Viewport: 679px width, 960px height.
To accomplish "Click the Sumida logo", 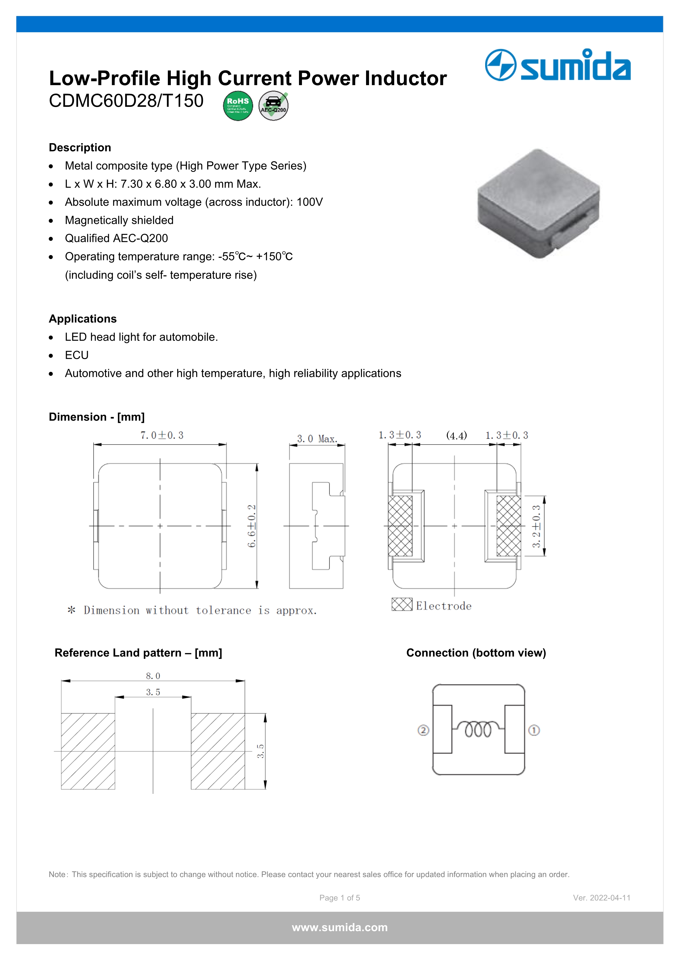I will tap(557, 65).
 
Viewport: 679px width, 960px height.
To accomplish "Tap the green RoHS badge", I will tap(238, 106).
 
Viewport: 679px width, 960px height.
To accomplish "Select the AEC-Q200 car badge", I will tap(274, 106).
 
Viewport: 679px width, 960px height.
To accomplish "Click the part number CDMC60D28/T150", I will tap(126, 101).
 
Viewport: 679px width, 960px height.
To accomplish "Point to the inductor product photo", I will tap(539, 204).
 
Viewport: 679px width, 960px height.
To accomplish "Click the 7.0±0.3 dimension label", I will tap(162, 435).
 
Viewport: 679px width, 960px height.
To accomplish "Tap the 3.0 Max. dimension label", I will tap(317, 439).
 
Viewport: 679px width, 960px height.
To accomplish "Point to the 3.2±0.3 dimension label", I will tap(536, 526).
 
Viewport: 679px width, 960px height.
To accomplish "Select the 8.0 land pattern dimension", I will tap(153, 676).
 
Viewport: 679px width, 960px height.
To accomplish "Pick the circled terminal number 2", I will tap(423, 730).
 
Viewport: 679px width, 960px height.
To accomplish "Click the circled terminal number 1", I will tap(534, 730).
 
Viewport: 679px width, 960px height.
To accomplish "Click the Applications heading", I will tap(83, 319).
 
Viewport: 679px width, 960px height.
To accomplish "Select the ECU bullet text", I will tap(77, 355).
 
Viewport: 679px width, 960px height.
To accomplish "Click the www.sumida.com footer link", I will tap(339, 927).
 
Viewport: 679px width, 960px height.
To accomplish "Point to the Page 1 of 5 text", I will tap(339, 898).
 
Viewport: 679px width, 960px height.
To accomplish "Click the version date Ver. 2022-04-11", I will tap(601, 898).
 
